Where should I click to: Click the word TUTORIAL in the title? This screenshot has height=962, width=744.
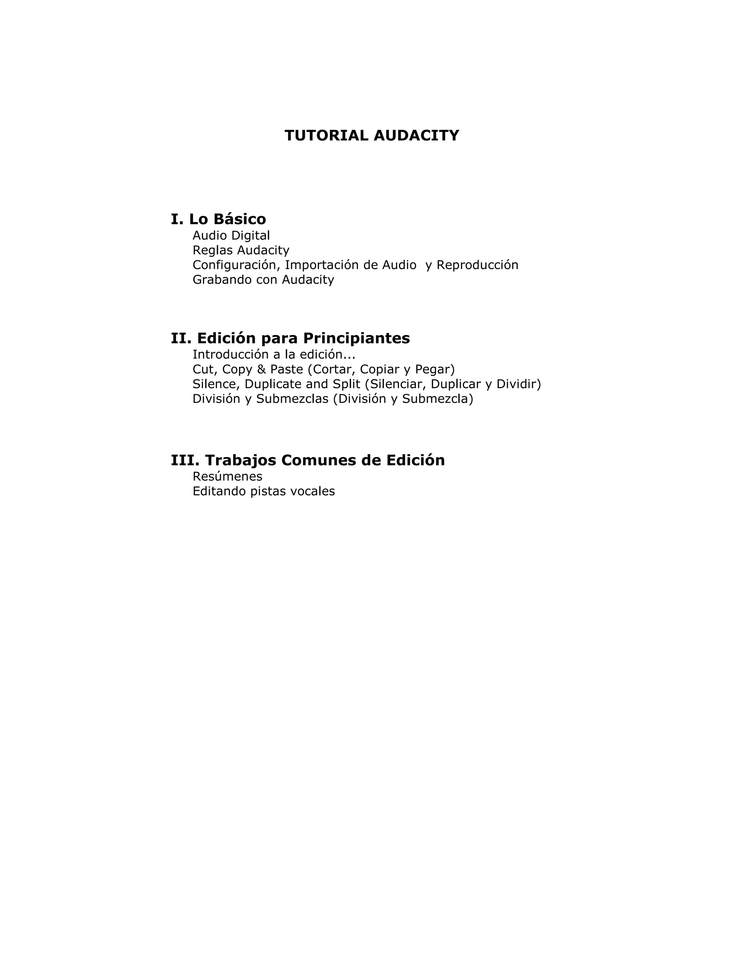(x=326, y=136)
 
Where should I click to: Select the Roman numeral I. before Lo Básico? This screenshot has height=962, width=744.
(x=177, y=219)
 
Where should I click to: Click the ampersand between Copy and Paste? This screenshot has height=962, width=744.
(x=261, y=369)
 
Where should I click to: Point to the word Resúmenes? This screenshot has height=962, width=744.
(x=227, y=477)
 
